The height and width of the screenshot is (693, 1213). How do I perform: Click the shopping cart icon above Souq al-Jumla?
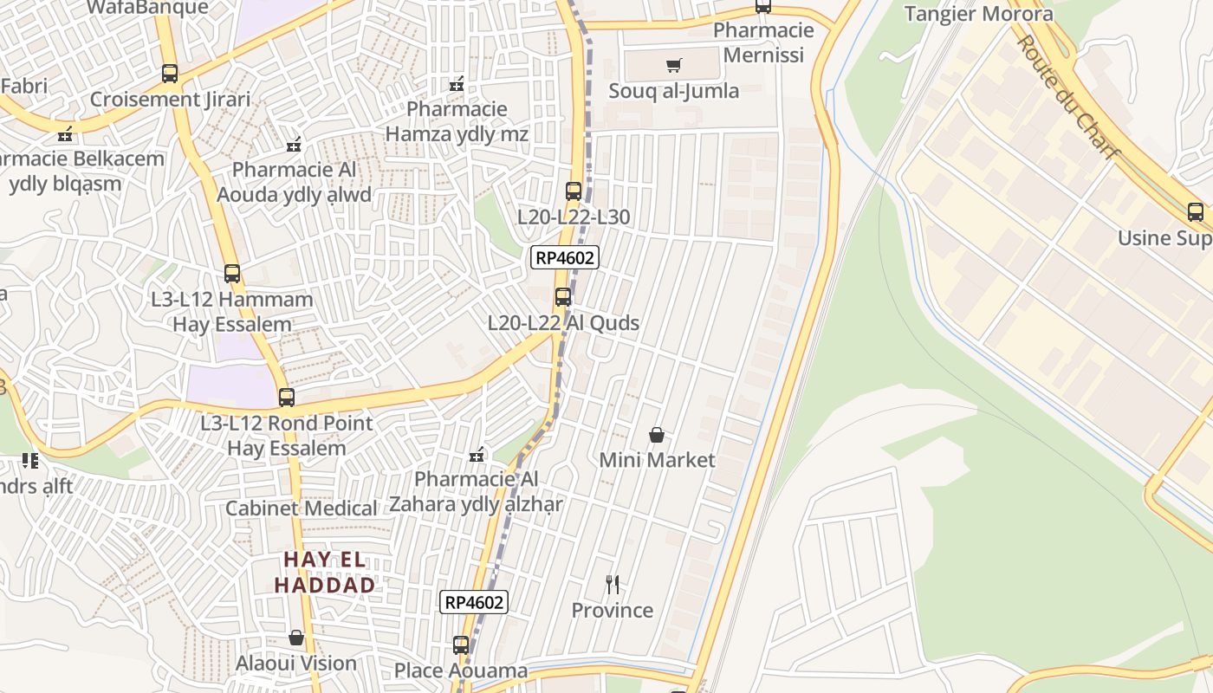(x=674, y=65)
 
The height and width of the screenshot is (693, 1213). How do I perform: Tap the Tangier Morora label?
(x=978, y=14)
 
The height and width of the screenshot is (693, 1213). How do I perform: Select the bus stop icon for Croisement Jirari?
(x=170, y=74)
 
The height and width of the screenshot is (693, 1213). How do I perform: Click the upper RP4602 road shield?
(x=566, y=257)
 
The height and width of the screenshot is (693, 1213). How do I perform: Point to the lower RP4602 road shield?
(x=473, y=602)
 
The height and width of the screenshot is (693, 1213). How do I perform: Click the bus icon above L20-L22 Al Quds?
(x=563, y=297)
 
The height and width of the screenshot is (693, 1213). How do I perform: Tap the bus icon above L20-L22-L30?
(x=574, y=191)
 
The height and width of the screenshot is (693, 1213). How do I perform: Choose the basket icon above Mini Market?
(x=657, y=434)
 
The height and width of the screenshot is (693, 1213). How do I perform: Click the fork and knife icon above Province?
(x=613, y=585)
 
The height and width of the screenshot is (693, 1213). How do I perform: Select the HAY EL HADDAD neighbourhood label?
(x=325, y=573)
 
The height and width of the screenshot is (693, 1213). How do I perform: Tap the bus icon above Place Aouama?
(x=461, y=645)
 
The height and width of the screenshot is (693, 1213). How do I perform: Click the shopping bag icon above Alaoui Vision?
(x=296, y=638)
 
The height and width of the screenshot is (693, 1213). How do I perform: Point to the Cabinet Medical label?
(x=301, y=508)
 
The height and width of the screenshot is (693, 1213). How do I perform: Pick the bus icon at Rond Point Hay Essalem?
(x=287, y=398)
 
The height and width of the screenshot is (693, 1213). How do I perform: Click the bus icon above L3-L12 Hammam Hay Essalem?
(x=232, y=274)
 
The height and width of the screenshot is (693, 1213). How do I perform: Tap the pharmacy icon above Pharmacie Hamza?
(x=457, y=84)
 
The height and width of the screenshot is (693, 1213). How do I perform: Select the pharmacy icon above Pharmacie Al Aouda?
(x=294, y=144)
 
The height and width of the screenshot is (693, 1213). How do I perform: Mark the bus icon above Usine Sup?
(x=1196, y=212)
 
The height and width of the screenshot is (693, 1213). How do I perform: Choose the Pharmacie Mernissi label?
(x=763, y=42)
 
